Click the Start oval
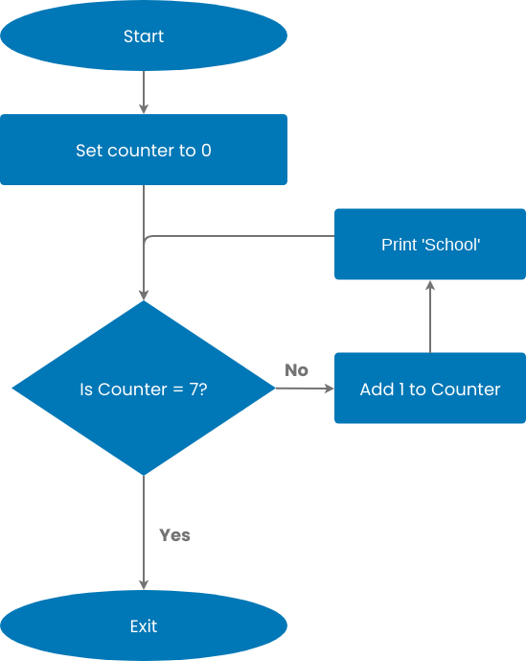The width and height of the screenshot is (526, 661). click(144, 36)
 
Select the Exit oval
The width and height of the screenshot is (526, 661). click(144, 626)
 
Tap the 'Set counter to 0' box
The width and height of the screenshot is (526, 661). click(144, 150)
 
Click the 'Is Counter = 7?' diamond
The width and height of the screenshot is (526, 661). click(144, 388)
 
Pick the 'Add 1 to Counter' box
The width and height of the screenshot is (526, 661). click(430, 389)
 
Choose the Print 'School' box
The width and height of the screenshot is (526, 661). click(430, 244)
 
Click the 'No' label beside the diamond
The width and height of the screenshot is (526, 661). click(296, 370)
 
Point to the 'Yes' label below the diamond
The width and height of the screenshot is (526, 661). click(174, 535)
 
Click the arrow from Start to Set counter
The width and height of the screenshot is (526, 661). click(144, 92)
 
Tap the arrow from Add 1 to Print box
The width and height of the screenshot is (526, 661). click(430, 317)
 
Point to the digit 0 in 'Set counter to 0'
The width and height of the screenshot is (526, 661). click(206, 151)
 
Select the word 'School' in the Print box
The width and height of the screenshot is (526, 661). click(451, 245)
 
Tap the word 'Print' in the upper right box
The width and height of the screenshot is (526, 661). click(399, 245)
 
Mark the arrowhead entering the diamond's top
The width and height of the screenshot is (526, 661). click(144, 295)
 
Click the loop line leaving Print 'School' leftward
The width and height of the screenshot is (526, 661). click(240, 236)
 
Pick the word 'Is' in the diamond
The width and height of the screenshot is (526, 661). click(85, 390)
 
